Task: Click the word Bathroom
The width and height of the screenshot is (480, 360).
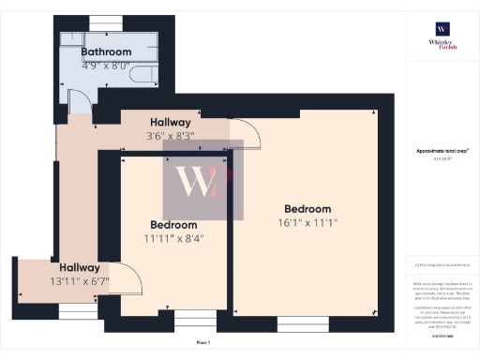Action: [x=105, y=52]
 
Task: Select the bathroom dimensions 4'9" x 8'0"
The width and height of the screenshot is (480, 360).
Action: [x=105, y=67]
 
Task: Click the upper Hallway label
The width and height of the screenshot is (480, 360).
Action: [x=170, y=123]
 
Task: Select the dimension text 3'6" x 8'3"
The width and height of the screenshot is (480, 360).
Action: [x=170, y=138]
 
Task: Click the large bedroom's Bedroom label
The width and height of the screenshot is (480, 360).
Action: [x=308, y=208]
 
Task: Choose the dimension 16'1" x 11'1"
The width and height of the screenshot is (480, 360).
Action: [x=308, y=223]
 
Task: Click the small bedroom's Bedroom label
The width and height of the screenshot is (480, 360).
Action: [x=174, y=225]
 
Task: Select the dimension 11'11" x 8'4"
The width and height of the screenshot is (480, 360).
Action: [x=174, y=239]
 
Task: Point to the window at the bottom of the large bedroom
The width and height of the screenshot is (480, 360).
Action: [x=303, y=325]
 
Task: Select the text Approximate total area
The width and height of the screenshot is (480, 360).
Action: [x=442, y=150]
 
